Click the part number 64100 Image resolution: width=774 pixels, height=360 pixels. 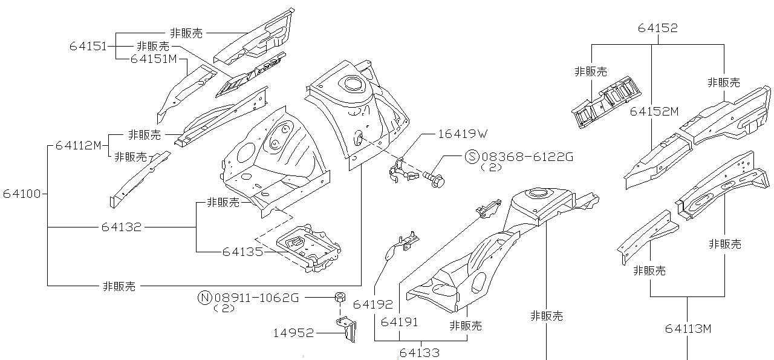pyautogui.click(x=21, y=194)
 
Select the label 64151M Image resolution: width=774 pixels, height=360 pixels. pyautogui.click(x=153, y=59)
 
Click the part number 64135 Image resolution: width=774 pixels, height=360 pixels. pyautogui.click(x=242, y=251)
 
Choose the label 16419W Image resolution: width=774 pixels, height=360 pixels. pyautogui.click(x=462, y=134)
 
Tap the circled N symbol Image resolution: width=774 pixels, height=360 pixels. pyautogui.click(x=205, y=297)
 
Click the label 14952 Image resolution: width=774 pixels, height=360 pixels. pyautogui.click(x=293, y=333)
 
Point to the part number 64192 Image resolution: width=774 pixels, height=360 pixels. pyautogui.click(x=373, y=304)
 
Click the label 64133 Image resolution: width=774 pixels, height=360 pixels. pyautogui.click(x=419, y=353)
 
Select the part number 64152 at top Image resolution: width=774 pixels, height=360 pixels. pyautogui.click(x=657, y=28)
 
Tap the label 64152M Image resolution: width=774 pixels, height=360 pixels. pyautogui.click(x=654, y=111)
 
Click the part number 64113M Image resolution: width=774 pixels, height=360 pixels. pyautogui.click(x=688, y=329)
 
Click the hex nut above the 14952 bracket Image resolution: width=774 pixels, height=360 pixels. pyautogui.click(x=340, y=296)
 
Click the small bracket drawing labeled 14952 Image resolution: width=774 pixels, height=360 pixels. pyautogui.click(x=348, y=330)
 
